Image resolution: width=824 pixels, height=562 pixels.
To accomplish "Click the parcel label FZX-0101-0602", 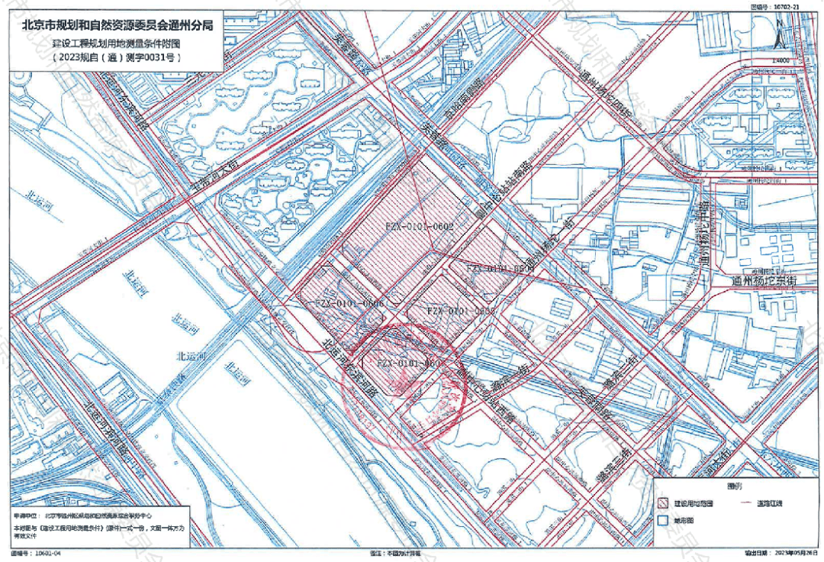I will click(420, 227).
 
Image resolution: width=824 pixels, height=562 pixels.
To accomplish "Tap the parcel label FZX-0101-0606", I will click(349, 304).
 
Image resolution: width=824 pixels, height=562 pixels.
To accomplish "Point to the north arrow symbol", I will click(779, 34).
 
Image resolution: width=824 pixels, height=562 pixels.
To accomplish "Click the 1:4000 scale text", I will click(779, 60).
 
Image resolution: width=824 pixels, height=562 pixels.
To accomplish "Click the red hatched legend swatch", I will click(662, 503).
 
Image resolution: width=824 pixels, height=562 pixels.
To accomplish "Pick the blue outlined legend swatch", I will click(662, 520).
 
